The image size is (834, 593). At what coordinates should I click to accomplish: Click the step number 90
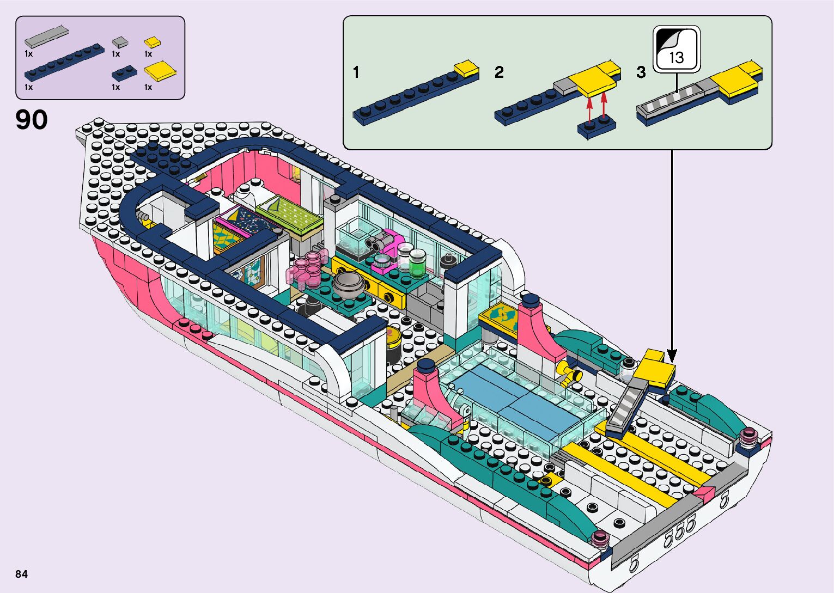32,120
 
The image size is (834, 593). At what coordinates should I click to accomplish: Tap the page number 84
21,574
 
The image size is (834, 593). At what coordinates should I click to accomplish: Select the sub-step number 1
356,72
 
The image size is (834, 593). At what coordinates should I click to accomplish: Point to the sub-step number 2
499,72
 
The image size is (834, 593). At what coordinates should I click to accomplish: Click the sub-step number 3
641,72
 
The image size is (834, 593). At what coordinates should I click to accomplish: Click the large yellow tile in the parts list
161,71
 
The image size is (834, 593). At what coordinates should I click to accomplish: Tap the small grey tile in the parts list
120,41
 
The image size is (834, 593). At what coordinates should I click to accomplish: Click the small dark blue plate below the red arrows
596,127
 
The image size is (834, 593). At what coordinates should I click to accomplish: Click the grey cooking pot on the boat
348,284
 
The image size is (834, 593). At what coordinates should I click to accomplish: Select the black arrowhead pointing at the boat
672,357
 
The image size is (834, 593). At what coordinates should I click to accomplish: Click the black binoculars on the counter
377,241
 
